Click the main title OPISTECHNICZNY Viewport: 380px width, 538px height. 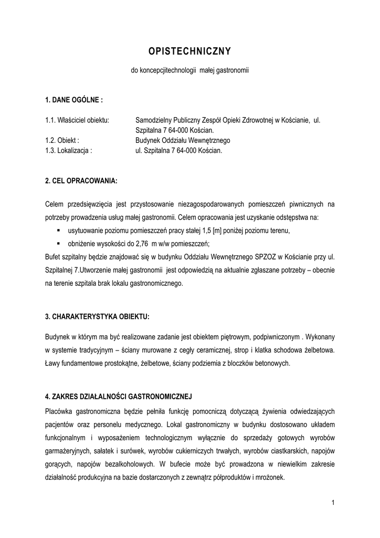coord(189,51)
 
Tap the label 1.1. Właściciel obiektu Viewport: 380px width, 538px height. coord(77,120)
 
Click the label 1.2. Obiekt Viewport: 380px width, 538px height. coord(62,140)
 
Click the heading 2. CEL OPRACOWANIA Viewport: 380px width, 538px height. coord(81,181)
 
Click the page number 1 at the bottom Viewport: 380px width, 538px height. coord(333,503)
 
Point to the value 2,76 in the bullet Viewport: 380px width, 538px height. coord(142,244)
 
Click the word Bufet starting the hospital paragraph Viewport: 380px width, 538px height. coord(54,257)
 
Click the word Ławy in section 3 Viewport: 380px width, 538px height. coord(54,363)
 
